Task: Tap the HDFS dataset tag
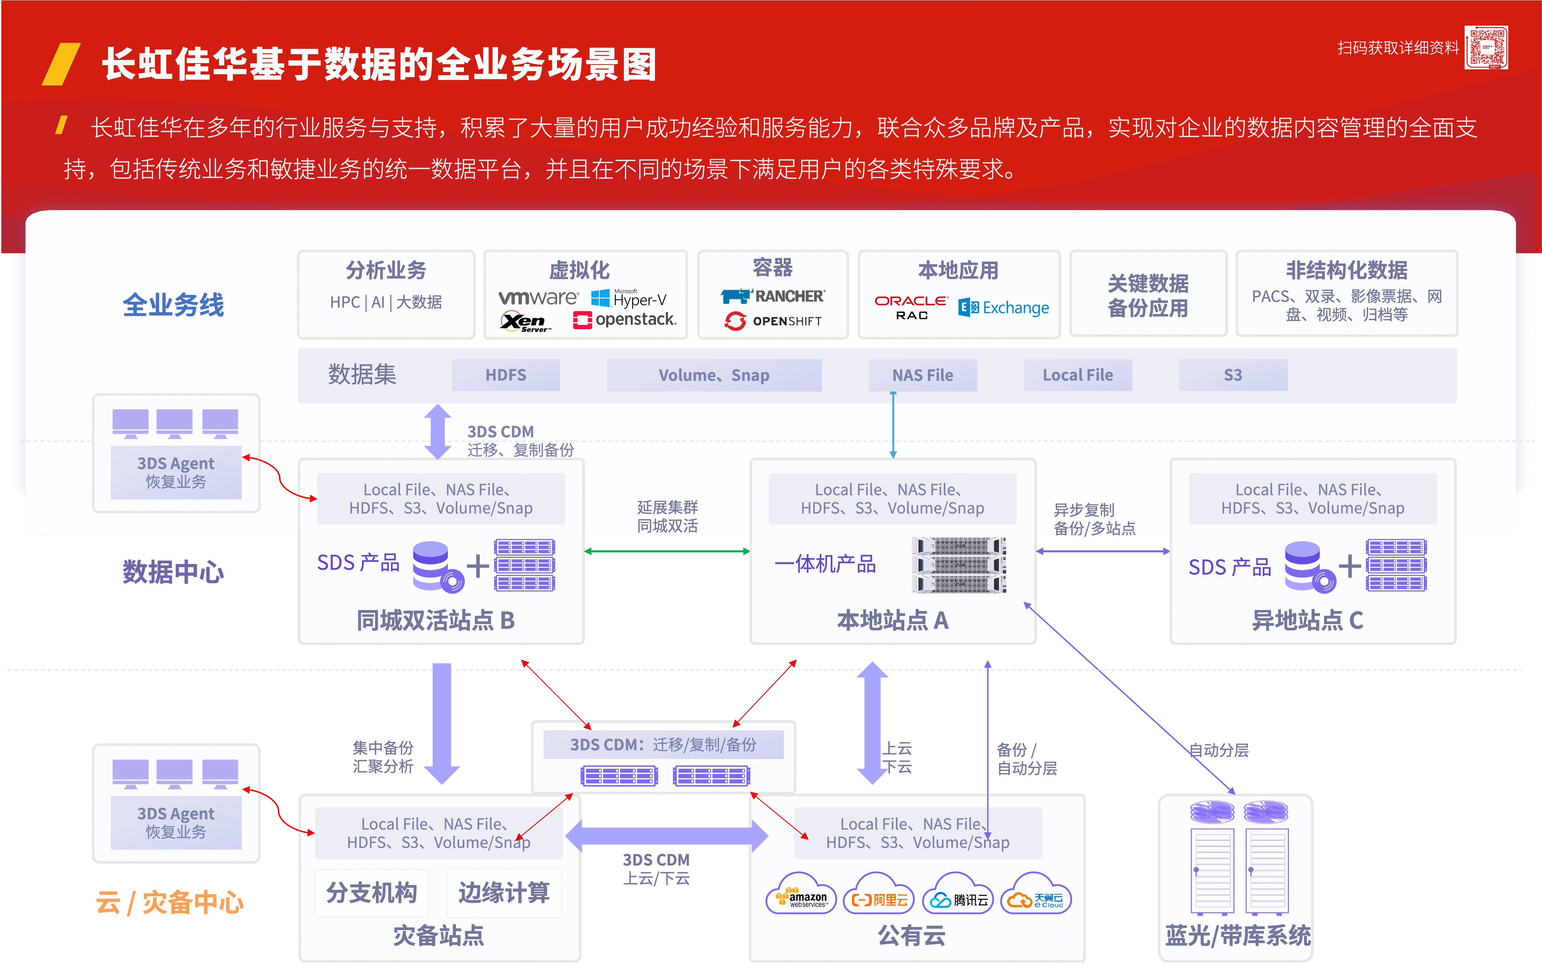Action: click(506, 375)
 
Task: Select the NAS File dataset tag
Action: click(923, 375)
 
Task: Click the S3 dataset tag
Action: click(1233, 375)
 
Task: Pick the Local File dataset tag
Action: click(1078, 375)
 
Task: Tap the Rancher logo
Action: click(773, 297)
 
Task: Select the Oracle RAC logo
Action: click(911, 307)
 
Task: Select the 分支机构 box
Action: click(372, 892)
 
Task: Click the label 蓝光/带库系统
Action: click(1237, 935)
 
